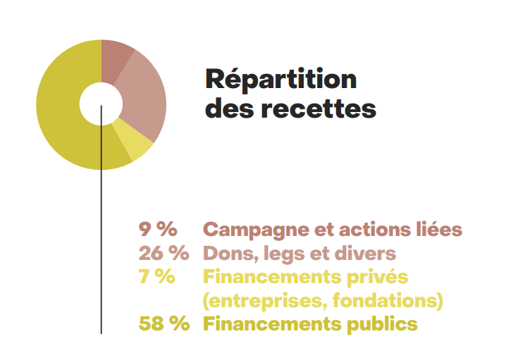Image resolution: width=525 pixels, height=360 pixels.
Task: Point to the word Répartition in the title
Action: pos(280,79)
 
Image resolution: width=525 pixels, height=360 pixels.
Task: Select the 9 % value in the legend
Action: pos(157,229)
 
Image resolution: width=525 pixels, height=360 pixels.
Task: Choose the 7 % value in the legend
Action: pos(157,276)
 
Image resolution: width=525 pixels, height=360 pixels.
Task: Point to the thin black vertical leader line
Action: pos(101,247)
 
